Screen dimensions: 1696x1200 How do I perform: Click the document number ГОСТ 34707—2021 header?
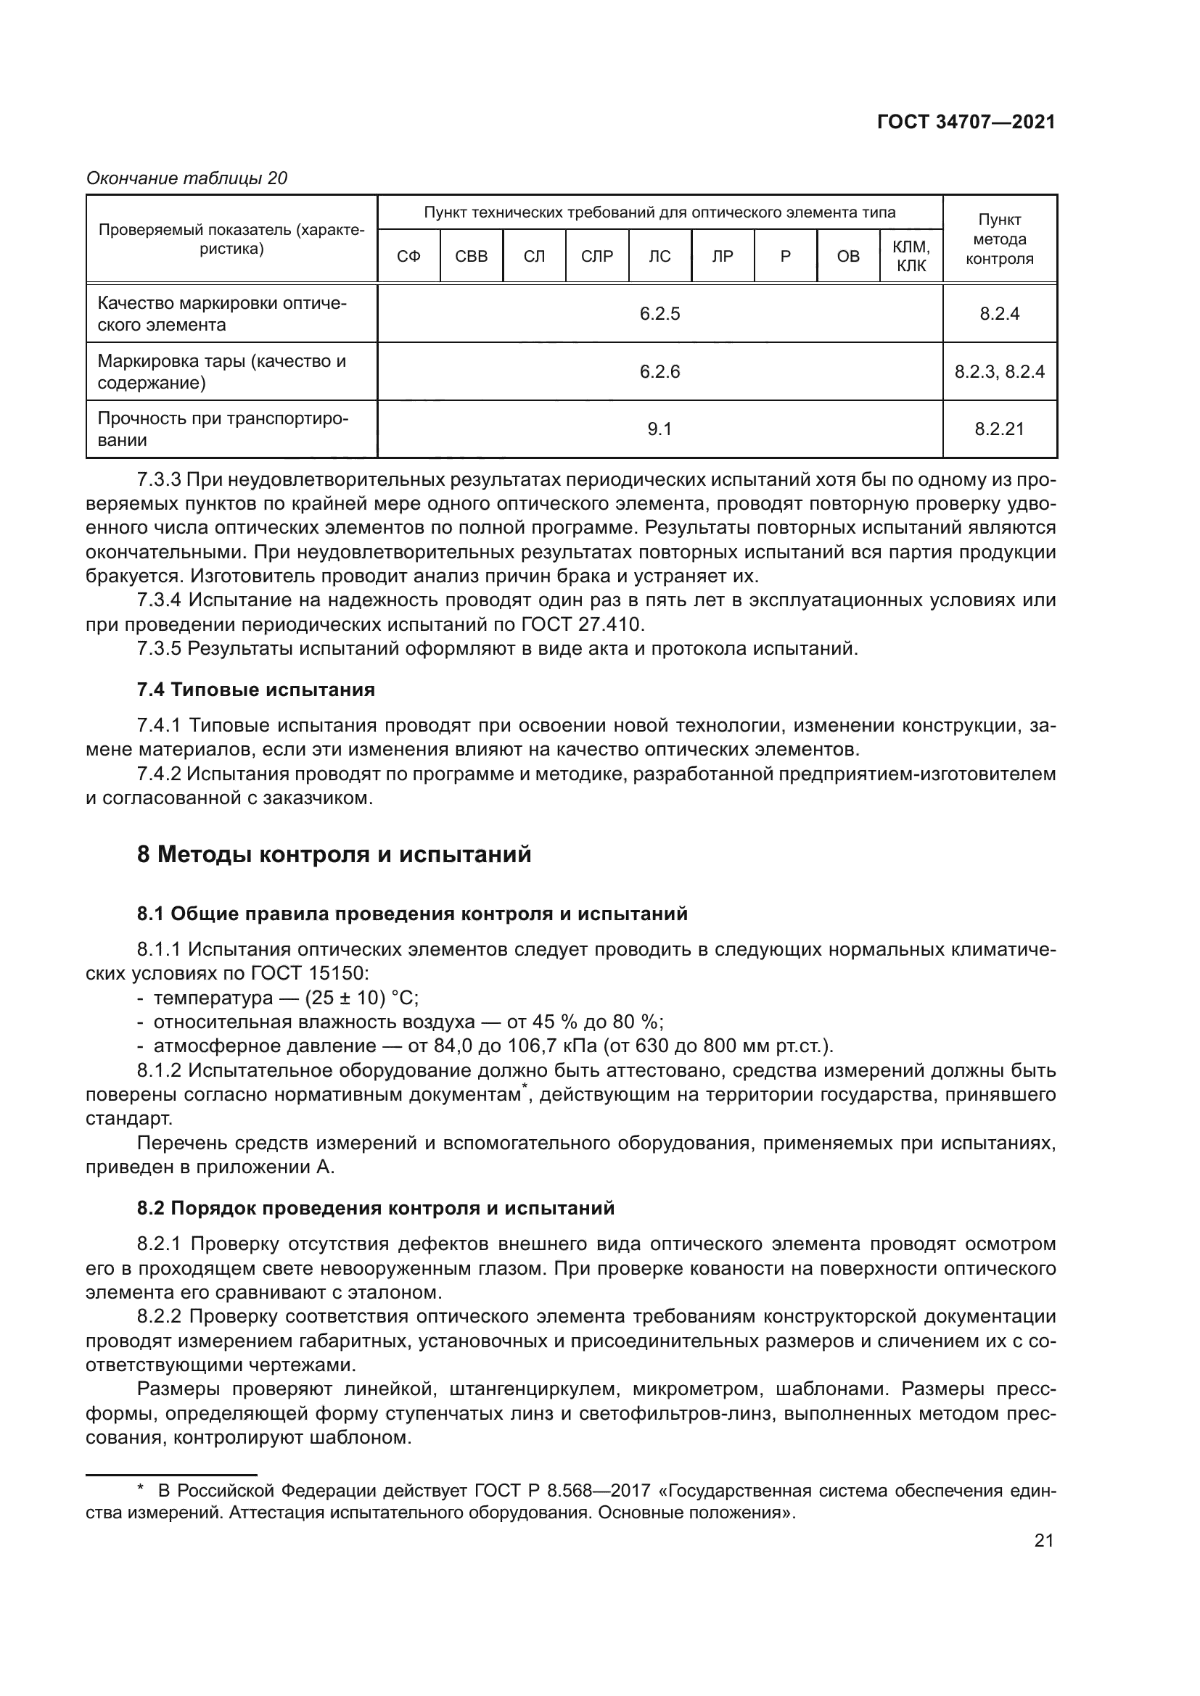click(966, 123)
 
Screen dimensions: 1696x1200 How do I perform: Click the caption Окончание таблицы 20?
click(187, 178)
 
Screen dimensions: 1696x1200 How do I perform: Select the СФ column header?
click(408, 256)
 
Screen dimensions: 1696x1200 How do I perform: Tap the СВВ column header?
click(472, 256)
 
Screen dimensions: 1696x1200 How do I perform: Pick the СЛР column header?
click(597, 256)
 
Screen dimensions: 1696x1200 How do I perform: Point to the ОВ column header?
click(847, 256)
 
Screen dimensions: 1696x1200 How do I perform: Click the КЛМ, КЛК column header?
click(911, 256)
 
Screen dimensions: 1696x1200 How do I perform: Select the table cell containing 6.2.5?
click(659, 314)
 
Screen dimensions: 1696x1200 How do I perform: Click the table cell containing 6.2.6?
click(659, 371)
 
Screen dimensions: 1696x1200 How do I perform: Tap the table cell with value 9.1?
click(659, 429)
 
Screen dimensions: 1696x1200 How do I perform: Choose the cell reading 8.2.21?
click(999, 429)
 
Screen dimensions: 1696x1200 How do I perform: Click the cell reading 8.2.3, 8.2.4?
click(999, 371)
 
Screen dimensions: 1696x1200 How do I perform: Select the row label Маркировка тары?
click(222, 371)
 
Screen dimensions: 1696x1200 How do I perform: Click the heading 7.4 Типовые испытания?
click(255, 690)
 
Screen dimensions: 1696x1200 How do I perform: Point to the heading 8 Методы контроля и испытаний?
click(334, 855)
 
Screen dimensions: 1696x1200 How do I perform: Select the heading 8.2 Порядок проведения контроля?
click(375, 1209)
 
